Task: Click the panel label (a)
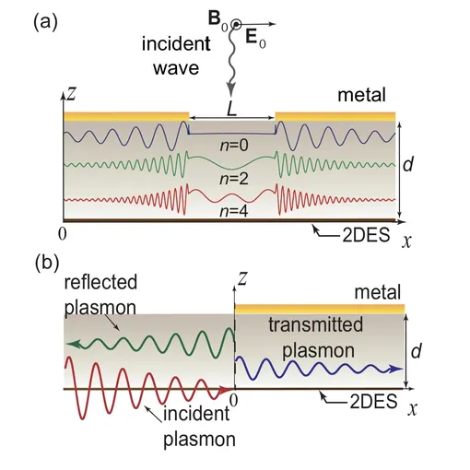45,23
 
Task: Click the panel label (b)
47,264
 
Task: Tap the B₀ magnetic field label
218,20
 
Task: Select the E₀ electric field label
255,40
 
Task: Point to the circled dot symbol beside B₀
236,24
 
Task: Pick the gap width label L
232,109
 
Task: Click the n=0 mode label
234,145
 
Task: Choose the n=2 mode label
234,179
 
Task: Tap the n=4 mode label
234,211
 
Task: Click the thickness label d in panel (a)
408,164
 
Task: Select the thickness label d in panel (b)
417,351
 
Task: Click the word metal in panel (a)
361,95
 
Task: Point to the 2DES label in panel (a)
366,235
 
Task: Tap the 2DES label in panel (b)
374,402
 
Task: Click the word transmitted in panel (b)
316,324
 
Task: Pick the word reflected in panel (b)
100,282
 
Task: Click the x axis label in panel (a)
406,241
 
